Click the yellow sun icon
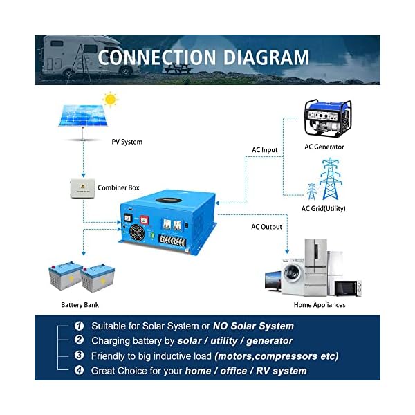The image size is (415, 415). pyautogui.click(x=110, y=100)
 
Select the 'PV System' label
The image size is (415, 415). pyautogui.click(x=127, y=142)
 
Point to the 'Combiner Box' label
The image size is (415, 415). pyautogui.click(x=118, y=188)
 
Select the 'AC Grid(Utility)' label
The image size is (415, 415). pyautogui.click(x=323, y=208)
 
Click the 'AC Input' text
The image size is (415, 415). pyautogui.click(x=264, y=150)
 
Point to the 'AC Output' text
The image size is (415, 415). pyautogui.click(x=266, y=227)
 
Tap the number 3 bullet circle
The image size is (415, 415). pyautogui.click(x=79, y=356)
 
